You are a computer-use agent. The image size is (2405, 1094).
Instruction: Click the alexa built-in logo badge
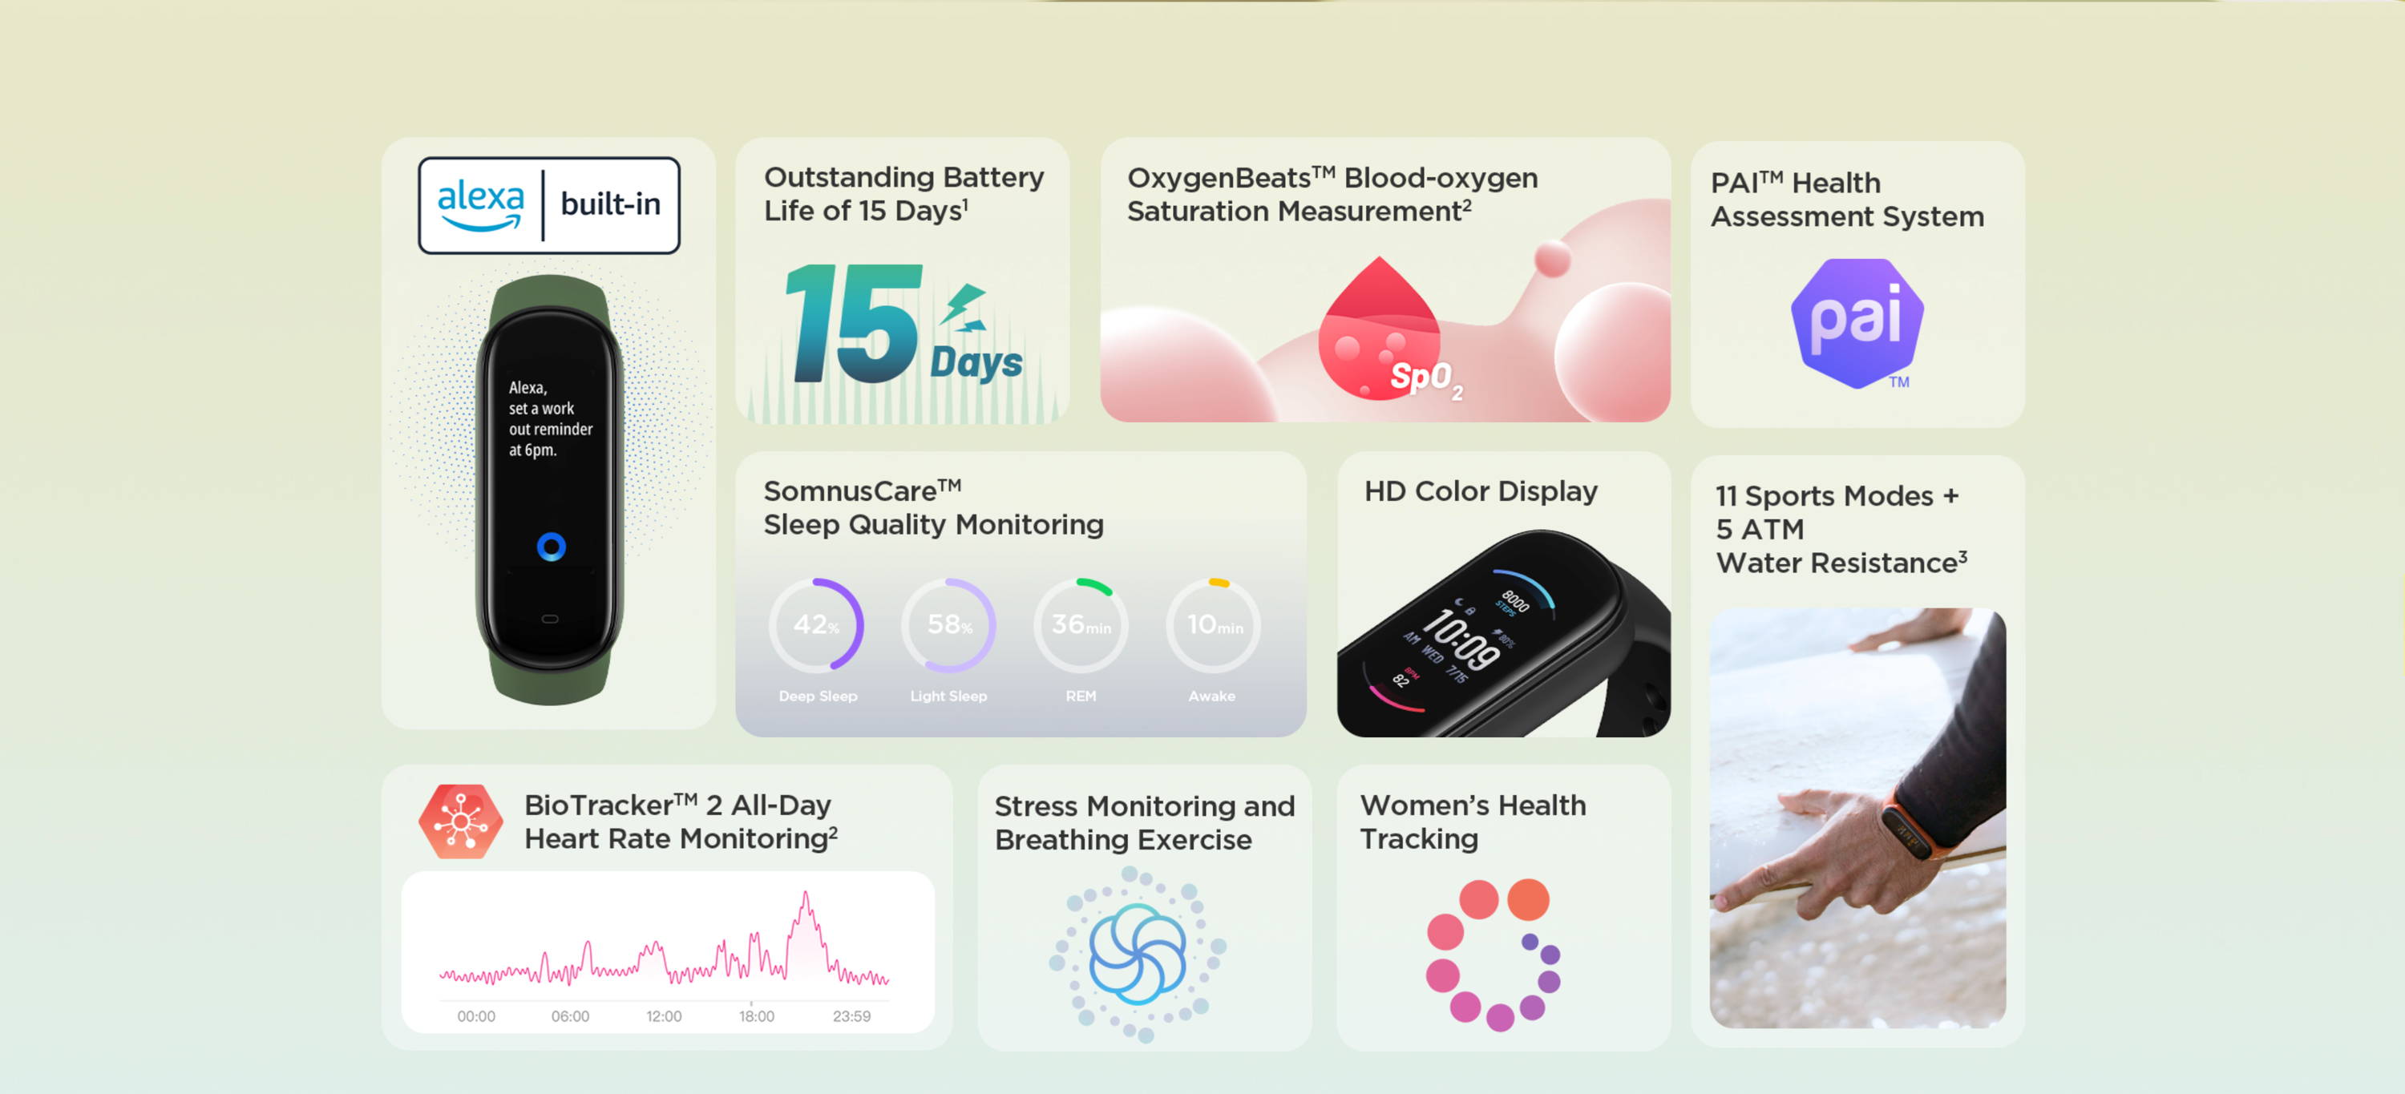coord(549,205)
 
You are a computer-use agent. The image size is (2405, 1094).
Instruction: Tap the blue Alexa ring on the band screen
coord(551,546)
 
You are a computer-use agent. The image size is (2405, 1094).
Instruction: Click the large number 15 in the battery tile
coord(855,323)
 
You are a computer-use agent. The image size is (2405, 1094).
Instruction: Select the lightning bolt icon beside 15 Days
coord(964,307)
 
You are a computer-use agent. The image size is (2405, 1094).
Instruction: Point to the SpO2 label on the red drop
coord(1425,379)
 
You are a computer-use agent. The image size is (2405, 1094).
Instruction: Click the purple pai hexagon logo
coord(1857,323)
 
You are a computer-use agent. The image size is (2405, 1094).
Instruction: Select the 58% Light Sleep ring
coord(948,625)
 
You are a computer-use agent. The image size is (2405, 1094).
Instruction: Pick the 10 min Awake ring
coord(1213,625)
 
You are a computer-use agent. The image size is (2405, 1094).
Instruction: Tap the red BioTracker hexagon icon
coord(460,822)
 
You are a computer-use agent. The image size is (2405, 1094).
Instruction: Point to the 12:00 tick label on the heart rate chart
coord(664,1016)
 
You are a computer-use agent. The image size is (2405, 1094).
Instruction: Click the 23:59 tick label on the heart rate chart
coord(851,1016)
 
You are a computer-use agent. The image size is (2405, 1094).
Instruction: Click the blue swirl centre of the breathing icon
coord(1137,954)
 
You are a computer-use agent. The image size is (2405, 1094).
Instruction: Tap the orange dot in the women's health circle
coord(1528,900)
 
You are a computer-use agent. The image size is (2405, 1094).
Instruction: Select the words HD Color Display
coord(1481,491)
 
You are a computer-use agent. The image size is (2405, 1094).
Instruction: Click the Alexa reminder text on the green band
coord(551,418)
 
